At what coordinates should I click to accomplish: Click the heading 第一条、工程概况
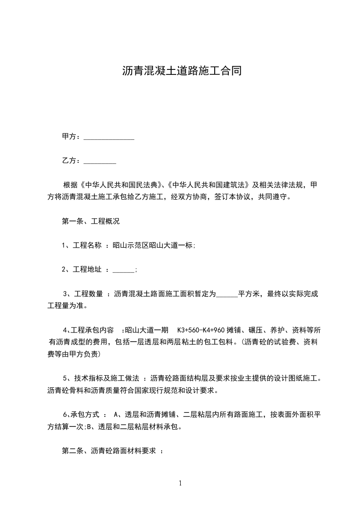coord(91,222)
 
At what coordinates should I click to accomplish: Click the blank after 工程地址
coord(123,270)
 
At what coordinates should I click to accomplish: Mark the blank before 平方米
coord(227,294)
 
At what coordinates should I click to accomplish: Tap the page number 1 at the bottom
coord(180,484)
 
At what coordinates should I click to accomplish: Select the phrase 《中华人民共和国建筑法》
coord(209,185)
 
